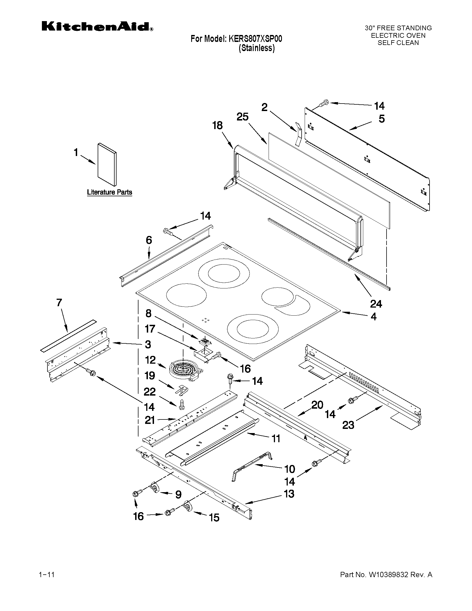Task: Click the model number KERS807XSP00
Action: tap(255, 39)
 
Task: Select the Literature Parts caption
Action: tap(109, 192)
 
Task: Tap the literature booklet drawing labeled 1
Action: tap(107, 165)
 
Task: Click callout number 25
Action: tap(243, 117)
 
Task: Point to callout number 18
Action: tap(217, 125)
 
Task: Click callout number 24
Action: tap(376, 303)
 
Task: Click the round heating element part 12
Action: tap(185, 371)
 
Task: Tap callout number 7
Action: tap(59, 303)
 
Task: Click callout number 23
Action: tap(348, 425)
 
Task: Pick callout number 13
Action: tap(289, 494)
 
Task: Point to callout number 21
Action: tap(150, 420)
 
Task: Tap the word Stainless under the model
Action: tap(257, 48)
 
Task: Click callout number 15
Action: tap(214, 517)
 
